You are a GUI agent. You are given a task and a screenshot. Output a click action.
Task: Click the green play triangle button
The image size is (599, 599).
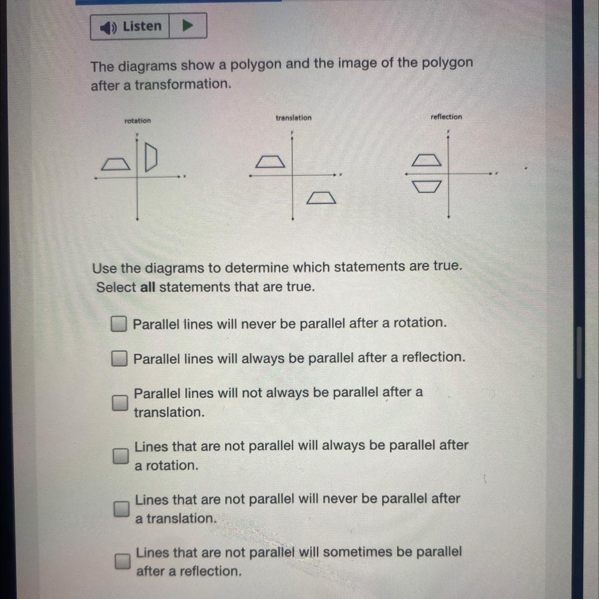click(x=188, y=25)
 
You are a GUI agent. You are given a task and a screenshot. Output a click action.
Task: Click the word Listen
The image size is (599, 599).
click(x=142, y=26)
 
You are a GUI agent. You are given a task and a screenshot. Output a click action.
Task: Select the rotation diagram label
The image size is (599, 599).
click(x=137, y=121)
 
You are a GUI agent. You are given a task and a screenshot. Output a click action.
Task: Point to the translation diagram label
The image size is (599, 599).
click(x=294, y=118)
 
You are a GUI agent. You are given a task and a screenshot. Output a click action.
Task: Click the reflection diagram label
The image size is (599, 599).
click(x=446, y=117)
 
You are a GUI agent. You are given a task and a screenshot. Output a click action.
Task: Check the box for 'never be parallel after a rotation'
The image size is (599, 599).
click(x=119, y=324)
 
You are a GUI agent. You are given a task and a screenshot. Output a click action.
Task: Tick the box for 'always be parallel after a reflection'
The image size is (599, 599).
click(x=119, y=358)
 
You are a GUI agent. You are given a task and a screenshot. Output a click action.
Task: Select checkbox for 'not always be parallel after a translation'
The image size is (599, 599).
click(x=120, y=403)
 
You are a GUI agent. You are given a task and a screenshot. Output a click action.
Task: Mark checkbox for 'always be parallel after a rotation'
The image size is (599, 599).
click(x=121, y=456)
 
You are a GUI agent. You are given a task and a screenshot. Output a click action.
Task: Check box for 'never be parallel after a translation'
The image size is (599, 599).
click(x=121, y=509)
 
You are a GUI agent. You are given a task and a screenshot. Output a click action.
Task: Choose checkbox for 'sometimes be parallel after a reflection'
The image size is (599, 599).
click(x=122, y=561)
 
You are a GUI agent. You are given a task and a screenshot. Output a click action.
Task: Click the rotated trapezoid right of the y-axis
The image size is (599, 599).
click(x=151, y=157)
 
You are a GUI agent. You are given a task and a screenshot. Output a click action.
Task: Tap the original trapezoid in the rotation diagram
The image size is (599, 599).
click(x=116, y=164)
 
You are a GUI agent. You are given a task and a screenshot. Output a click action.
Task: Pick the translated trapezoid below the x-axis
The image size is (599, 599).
click(x=321, y=198)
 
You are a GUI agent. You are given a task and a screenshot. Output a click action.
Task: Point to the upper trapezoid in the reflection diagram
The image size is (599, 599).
click(x=426, y=160)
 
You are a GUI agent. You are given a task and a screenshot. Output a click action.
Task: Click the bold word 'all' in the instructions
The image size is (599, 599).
click(x=148, y=287)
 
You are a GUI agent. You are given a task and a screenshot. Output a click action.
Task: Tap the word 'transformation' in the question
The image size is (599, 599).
click(x=183, y=84)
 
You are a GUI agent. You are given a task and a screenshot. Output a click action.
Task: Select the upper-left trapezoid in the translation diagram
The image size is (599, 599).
click(x=270, y=162)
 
